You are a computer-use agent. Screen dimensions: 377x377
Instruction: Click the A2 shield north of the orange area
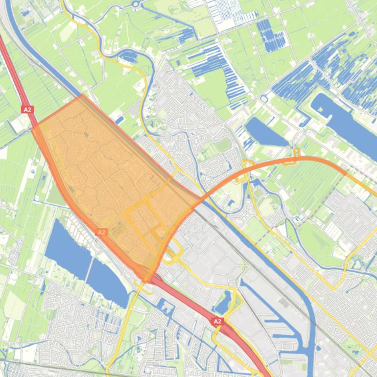point(27,110)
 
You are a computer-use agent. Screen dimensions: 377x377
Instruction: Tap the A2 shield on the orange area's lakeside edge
point(101,232)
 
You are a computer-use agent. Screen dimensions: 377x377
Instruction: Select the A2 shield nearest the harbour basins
point(217,321)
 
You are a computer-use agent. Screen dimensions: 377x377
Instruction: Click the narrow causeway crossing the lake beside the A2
point(90,259)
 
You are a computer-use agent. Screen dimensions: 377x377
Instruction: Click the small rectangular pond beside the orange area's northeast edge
point(119,119)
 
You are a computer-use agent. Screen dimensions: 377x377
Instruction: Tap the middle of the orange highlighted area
point(108,181)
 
